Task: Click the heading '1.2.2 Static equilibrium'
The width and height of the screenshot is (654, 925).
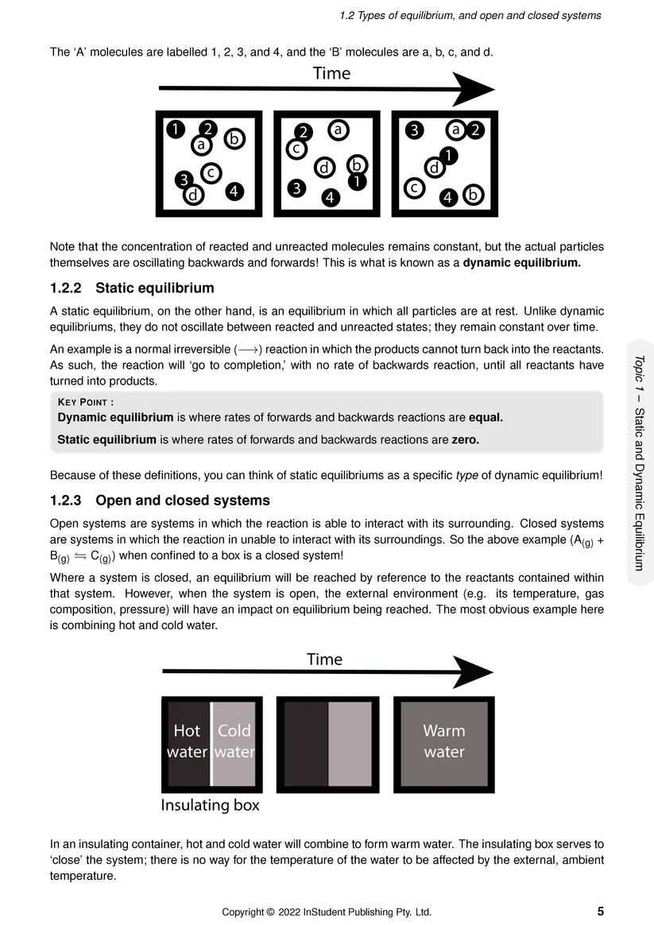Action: tap(132, 288)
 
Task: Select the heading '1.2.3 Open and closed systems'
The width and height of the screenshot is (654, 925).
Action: tap(160, 501)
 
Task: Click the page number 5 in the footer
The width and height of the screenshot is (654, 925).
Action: tap(600, 911)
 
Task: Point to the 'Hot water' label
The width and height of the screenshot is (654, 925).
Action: tap(187, 741)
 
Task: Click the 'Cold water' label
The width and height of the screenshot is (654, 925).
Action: tap(234, 741)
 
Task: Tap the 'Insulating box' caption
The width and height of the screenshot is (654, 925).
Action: tap(210, 805)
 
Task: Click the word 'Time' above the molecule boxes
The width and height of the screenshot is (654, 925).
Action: tap(331, 74)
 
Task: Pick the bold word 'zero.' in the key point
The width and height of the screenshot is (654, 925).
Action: tap(466, 439)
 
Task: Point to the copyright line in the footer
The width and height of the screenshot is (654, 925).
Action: tap(327, 911)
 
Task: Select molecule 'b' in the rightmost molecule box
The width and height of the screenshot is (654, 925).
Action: tap(474, 194)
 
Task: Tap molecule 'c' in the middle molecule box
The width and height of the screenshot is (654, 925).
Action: tap(295, 148)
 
